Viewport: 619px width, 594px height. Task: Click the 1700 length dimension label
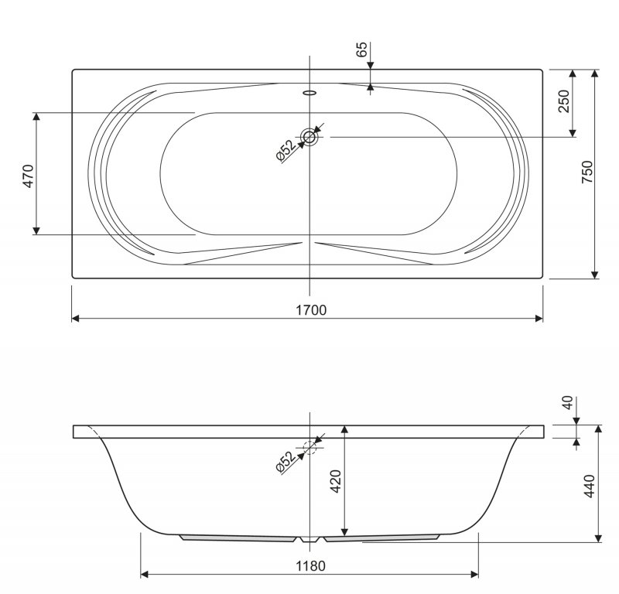(311, 310)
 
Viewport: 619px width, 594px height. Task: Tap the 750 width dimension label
(587, 172)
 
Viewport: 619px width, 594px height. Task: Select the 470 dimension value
(29, 176)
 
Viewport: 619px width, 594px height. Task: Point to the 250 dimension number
(564, 101)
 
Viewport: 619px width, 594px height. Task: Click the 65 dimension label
(361, 49)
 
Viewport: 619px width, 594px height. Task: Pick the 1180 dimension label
(311, 566)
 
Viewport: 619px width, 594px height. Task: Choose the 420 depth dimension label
(336, 481)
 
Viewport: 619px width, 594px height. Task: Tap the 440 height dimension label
(589, 486)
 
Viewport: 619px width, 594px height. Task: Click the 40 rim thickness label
(567, 403)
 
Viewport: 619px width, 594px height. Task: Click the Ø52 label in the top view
(286, 150)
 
